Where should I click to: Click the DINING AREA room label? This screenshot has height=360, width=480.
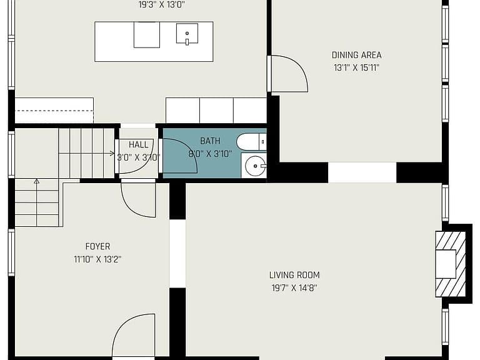[357, 55]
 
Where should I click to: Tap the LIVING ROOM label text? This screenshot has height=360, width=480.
[294, 275]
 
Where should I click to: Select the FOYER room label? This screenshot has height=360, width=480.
[97, 246]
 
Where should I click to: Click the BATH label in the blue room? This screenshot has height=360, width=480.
[210, 141]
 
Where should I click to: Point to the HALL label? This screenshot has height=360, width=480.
[138, 144]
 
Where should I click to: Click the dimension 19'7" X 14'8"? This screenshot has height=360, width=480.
[294, 288]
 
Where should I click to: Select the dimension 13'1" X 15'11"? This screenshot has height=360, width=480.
[357, 67]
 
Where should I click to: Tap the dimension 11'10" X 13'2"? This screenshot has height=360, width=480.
[97, 259]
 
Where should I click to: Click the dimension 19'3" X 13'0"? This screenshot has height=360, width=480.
[162, 5]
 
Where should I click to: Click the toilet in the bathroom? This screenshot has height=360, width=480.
[251, 142]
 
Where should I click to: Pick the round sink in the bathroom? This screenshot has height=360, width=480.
[255, 166]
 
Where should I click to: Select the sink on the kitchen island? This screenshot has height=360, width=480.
[187, 34]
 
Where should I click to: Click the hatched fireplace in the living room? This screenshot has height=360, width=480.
[451, 264]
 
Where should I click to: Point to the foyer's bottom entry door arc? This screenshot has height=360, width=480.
[120, 326]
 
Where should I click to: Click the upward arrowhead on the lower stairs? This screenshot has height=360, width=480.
[37, 181]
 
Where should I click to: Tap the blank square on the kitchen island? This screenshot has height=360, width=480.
[147, 34]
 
